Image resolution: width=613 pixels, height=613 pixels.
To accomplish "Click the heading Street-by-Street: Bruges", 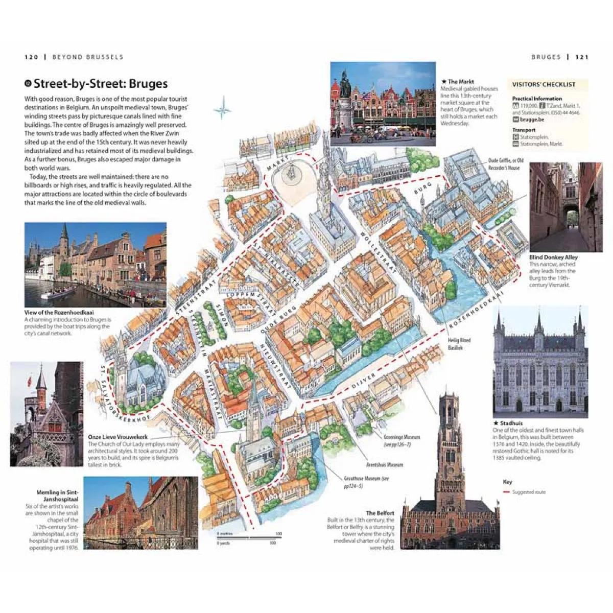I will (x=100, y=84).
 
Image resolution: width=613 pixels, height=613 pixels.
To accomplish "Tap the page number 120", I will (x=31, y=57).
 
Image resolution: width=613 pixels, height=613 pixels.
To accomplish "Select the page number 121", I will (x=582, y=57).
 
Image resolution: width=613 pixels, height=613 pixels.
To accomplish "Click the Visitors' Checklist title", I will (x=544, y=85).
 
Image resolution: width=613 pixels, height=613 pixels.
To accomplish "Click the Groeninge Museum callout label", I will (x=402, y=437).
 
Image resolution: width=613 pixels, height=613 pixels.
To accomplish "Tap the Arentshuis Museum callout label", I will (x=384, y=465).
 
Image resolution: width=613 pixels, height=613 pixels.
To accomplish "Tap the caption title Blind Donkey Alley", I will (x=553, y=257).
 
